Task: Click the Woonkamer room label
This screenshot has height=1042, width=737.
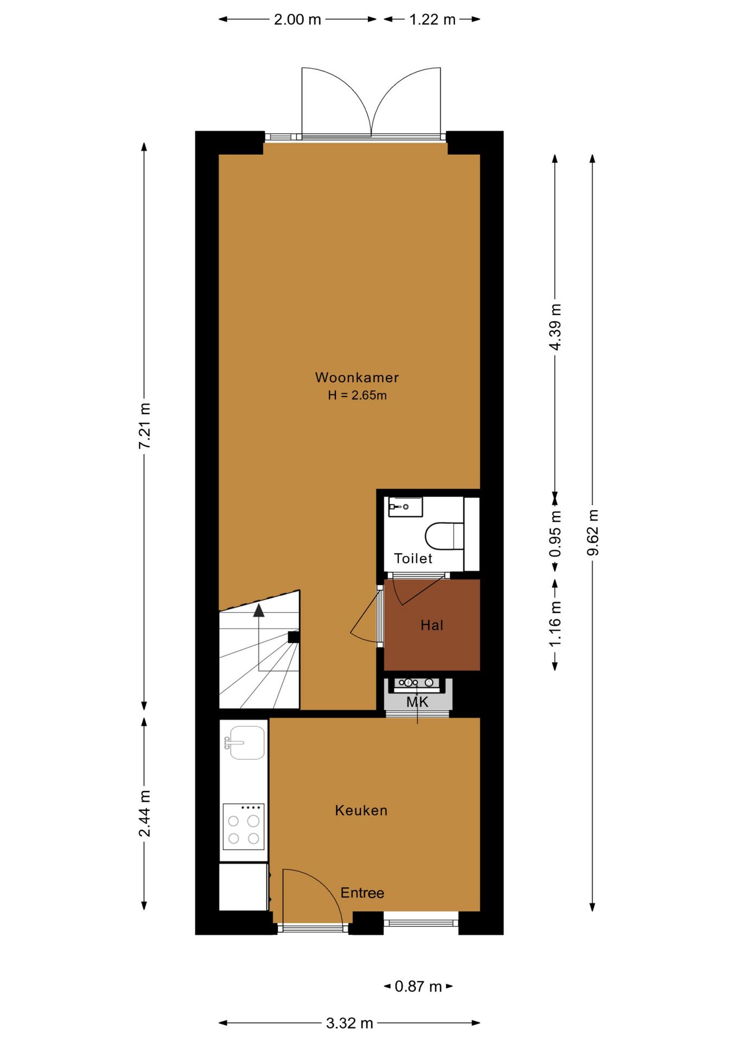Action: point(357,377)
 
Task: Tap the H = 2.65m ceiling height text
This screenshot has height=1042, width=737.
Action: point(357,395)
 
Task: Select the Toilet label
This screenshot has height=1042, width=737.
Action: point(413,558)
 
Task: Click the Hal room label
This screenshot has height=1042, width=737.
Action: point(432,625)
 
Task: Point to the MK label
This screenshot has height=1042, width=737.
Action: point(417,702)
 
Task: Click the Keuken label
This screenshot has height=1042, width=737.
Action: point(361,810)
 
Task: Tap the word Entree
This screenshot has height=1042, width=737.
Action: point(362,893)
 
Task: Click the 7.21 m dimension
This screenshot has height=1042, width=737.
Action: point(144,426)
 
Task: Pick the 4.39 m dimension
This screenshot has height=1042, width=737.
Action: point(555,327)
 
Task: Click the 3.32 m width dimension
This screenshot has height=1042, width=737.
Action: point(350,1023)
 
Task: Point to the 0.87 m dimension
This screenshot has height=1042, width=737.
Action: point(418,986)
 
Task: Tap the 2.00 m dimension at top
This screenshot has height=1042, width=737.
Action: point(297,20)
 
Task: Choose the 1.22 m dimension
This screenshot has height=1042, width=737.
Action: point(433,20)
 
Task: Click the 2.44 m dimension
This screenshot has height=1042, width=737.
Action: point(144,814)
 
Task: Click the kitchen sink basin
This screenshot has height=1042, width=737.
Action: point(247,742)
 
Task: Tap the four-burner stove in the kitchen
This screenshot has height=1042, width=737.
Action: point(244,826)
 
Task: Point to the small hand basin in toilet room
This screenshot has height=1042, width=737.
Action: point(405,507)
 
